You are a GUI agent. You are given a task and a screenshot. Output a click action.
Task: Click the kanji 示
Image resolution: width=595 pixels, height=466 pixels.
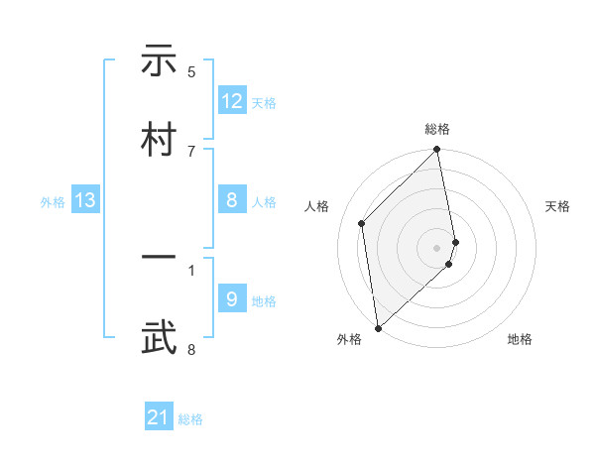pos(160,62)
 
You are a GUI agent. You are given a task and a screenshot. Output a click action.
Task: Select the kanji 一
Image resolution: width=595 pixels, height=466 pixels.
pos(160,259)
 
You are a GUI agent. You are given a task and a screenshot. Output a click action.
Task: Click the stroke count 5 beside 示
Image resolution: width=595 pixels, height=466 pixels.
pos(191,71)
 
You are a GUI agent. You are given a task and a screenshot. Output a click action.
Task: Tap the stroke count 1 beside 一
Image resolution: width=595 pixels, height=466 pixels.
pos(191,269)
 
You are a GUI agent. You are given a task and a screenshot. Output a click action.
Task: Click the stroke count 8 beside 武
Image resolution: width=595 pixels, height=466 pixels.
pos(191,348)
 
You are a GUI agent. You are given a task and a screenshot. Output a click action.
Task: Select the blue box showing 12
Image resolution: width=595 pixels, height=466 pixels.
pos(232,101)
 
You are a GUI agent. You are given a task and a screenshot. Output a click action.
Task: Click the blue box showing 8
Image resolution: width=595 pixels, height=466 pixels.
pos(232,201)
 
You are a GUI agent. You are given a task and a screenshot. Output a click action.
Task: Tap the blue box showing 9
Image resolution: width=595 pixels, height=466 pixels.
pos(232,299)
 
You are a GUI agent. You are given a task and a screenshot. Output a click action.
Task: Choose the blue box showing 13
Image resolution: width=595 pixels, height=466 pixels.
pos(85,201)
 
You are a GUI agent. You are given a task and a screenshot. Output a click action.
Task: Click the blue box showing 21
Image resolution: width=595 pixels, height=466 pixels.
pos(159,418)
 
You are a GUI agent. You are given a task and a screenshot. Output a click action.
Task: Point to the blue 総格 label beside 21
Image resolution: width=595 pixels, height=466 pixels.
pos(190,419)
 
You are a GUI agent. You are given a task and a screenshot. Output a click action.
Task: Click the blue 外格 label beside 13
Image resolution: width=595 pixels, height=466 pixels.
pos(53,202)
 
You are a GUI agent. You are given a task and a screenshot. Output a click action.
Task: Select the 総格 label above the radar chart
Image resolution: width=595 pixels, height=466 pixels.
pos(437,129)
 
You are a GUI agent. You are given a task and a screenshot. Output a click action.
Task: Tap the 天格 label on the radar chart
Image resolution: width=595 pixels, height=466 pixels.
pos(557,206)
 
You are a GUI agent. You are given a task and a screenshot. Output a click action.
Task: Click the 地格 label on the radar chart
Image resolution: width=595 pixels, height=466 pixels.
pos(520,339)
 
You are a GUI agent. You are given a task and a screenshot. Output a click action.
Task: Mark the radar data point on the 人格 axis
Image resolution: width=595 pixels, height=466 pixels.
pos(362,223)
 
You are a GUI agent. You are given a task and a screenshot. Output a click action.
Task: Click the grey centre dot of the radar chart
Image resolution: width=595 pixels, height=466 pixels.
pos(437,246)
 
